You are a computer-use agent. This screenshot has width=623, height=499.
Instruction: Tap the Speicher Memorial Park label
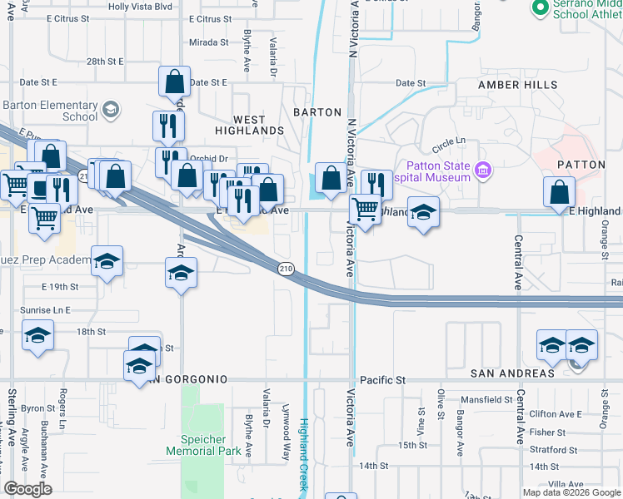(203, 445)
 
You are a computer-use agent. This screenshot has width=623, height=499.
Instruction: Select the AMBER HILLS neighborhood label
(517, 85)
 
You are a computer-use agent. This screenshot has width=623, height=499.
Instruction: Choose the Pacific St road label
(382, 380)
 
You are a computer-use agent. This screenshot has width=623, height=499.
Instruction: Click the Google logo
(27, 489)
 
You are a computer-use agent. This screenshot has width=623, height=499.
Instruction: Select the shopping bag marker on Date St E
(175, 82)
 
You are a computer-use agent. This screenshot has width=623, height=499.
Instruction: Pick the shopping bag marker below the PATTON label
(559, 192)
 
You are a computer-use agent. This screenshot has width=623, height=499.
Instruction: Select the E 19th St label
(60, 287)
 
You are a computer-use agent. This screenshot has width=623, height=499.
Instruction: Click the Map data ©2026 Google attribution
(571, 492)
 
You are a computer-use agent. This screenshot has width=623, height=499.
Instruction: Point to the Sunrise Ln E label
(45, 309)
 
